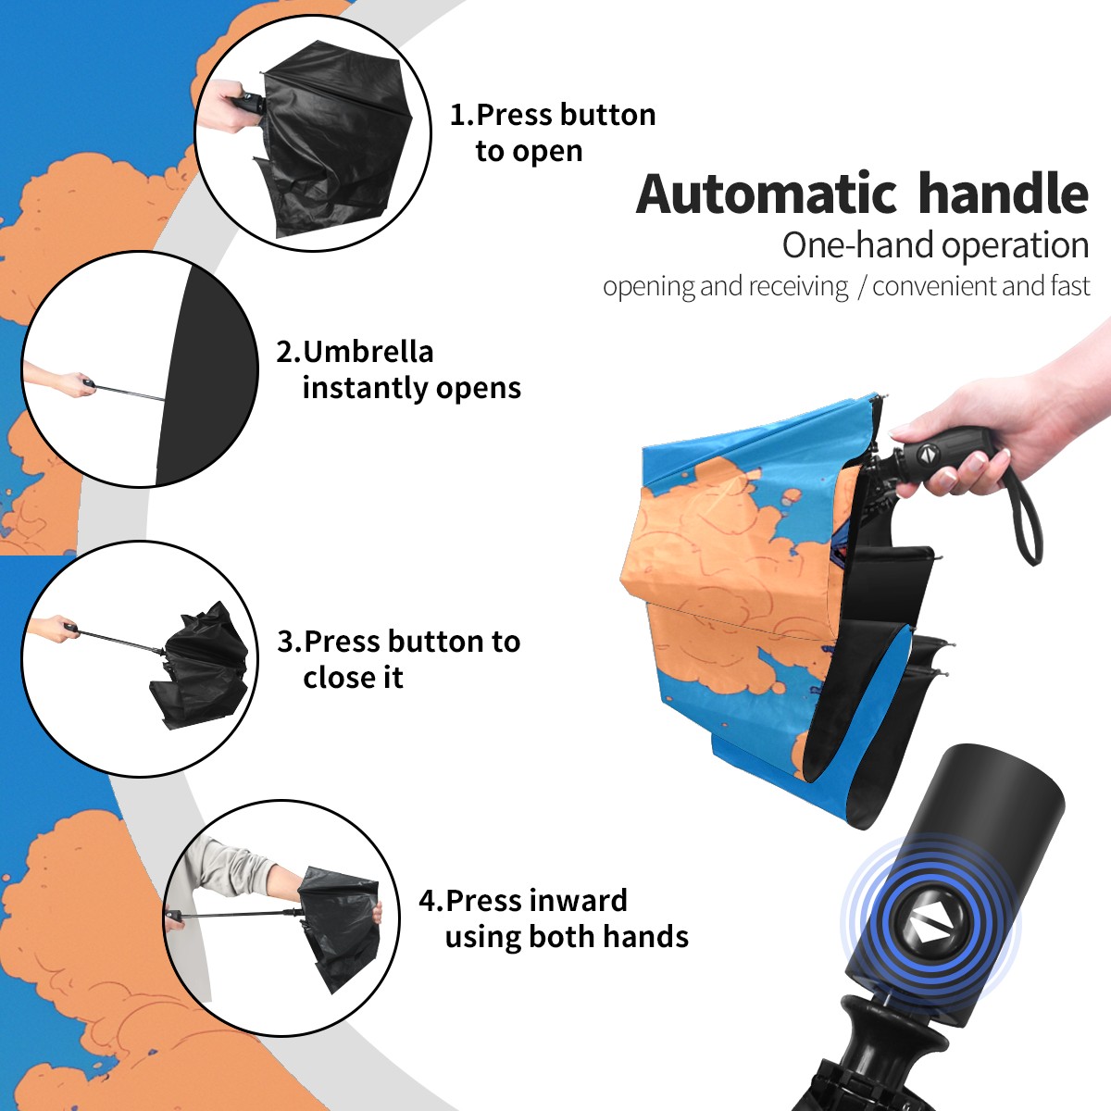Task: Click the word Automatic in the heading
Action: click(767, 194)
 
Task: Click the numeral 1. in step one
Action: click(462, 115)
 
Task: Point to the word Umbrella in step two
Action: click(368, 352)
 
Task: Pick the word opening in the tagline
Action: click(649, 287)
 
